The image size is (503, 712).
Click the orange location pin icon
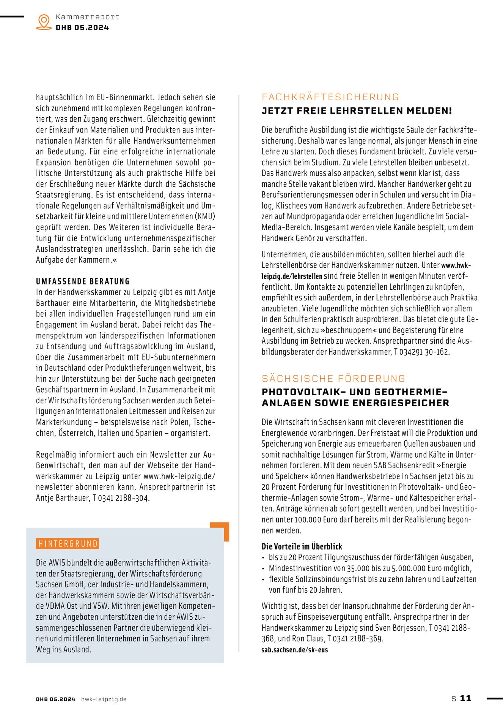44,22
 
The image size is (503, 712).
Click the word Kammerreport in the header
87,17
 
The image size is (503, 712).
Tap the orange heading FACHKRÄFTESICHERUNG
330,97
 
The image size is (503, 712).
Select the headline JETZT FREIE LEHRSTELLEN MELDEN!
357,111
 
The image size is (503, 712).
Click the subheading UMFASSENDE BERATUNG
83,281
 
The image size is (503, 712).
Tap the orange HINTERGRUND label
68,544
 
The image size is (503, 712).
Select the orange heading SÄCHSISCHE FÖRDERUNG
333,379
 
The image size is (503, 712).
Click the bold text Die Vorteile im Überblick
302,546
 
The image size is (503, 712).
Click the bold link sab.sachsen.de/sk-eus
294,650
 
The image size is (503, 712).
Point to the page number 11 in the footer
465,698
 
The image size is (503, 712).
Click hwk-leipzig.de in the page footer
104,699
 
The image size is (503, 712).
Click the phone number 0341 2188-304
124,498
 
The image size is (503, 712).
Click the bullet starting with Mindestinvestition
370,568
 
